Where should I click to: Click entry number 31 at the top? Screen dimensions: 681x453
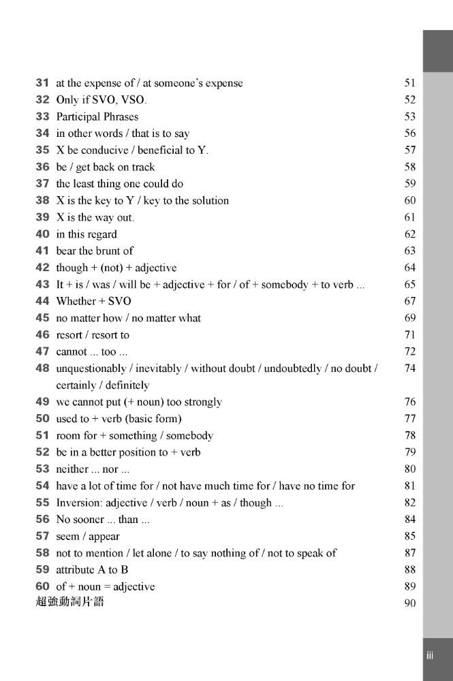[x=42, y=83]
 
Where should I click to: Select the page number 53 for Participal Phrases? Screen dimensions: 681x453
[x=409, y=116]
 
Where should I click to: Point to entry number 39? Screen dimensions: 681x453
[x=42, y=217]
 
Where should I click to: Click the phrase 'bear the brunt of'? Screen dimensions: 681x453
[x=95, y=251]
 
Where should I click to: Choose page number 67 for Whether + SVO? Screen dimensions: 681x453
[x=409, y=301]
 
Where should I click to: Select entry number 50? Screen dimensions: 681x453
[x=42, y=419]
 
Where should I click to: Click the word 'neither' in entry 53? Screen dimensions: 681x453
[x=72, y=469]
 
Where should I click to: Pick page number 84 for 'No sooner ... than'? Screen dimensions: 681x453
[x=409, y=520]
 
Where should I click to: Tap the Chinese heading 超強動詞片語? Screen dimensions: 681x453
[x=69, y=603]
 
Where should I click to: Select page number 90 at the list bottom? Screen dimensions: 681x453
[x=409, y=603]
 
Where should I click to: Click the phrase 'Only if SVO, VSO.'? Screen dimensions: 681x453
[x=101, y=100]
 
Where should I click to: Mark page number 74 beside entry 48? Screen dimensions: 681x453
[x=409, y=368]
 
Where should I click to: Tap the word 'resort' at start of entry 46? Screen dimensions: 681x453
[x=69, y=335]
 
